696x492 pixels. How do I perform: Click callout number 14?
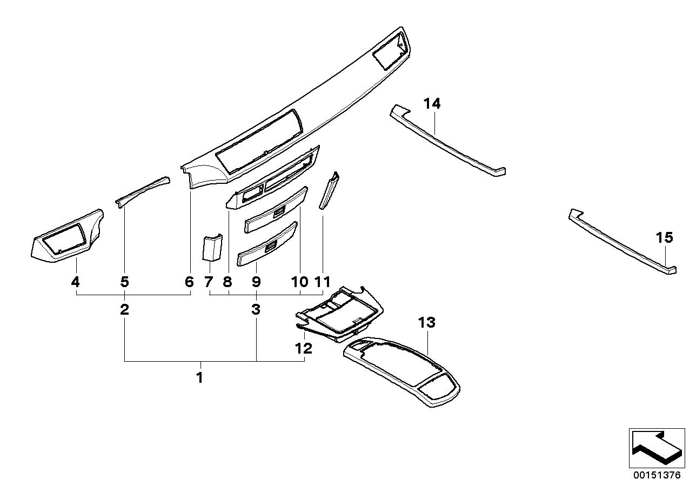432,103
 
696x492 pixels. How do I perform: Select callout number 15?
665,237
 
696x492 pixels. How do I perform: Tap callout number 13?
426,323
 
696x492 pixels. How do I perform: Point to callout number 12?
304,349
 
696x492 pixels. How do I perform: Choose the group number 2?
125,310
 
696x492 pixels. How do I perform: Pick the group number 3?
256,310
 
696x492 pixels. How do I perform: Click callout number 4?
76,282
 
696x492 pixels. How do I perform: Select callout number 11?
322,282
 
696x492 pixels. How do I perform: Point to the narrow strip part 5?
142,191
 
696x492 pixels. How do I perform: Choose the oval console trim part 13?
403,368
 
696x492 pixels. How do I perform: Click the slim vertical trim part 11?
329,190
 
